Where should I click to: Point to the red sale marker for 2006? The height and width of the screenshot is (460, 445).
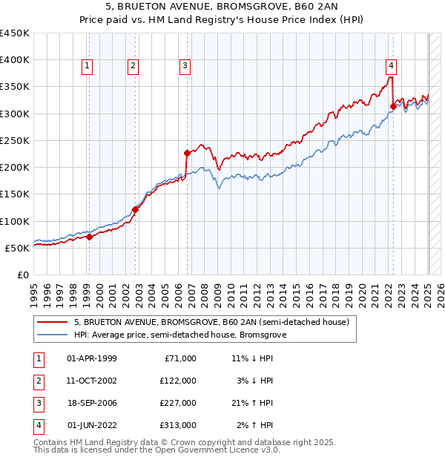(188, 153)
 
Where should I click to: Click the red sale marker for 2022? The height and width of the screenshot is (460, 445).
(393, 106)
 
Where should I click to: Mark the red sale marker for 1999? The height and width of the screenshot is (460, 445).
(89, 237)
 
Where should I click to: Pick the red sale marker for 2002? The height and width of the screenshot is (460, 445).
(136, 209)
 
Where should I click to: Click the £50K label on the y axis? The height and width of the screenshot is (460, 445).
(18, 248)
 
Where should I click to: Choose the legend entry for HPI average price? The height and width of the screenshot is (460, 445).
(179, 335)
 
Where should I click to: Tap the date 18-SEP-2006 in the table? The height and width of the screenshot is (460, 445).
(91, 403)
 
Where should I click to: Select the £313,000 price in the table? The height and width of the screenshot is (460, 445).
(177, 425)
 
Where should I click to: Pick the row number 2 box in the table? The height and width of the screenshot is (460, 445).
(39, 381)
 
